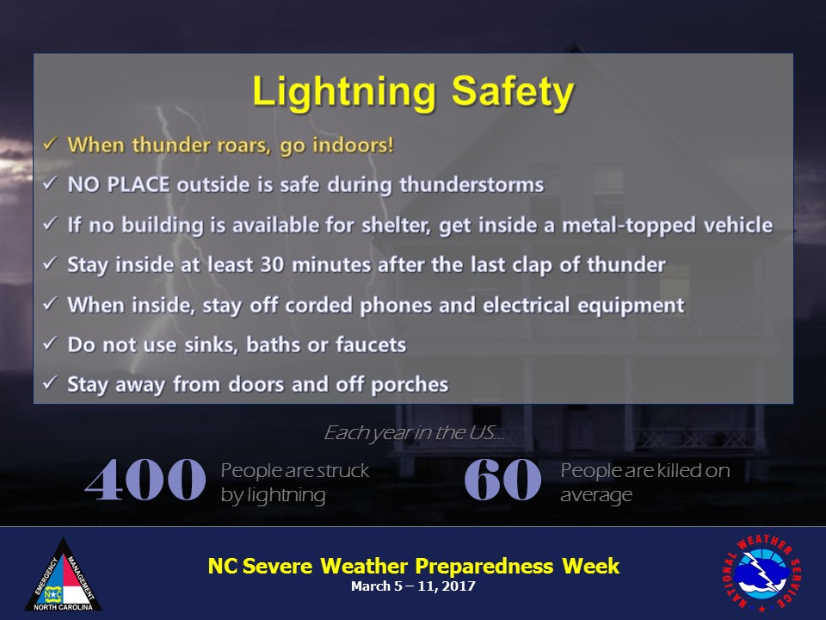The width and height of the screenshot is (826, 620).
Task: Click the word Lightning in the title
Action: pyautogui.click(x=344, y=93)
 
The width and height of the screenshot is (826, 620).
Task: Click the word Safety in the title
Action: pyautogui.click(x=513, y=93)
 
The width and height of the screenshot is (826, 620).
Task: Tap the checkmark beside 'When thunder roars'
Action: pyautogui.click(x=50, y=144)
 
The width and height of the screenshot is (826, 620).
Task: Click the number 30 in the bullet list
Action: pyautogui.click(x=273, y=264)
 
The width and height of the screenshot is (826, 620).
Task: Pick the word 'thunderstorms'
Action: pyautogui.click(x=472, y=184)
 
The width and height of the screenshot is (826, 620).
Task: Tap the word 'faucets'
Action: pyautogui.click(x=371, y=344)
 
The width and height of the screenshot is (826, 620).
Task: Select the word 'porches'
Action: pyautogui.click(x=410, y=385)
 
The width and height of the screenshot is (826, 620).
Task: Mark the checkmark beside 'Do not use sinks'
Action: pyautogui.click(x=50, y=344)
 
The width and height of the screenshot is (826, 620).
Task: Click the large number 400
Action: pyautogui.click(x=145, y=480)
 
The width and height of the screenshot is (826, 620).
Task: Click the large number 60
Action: pyautogui.click(x=502, y=480)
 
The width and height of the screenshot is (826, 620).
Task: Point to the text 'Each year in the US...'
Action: pyautogui.click(x=414, y=433)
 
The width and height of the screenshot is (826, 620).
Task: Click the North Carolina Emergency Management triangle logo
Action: pyautogui.click(x=63, y=574)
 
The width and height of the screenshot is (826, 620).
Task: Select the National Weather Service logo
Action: pyautogui.click(x=761, y=573)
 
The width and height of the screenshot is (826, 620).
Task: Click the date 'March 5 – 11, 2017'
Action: pyautogui.click(x=414, y=586)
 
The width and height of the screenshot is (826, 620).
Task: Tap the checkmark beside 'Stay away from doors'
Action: pyautogui.click(x=50, y=382)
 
